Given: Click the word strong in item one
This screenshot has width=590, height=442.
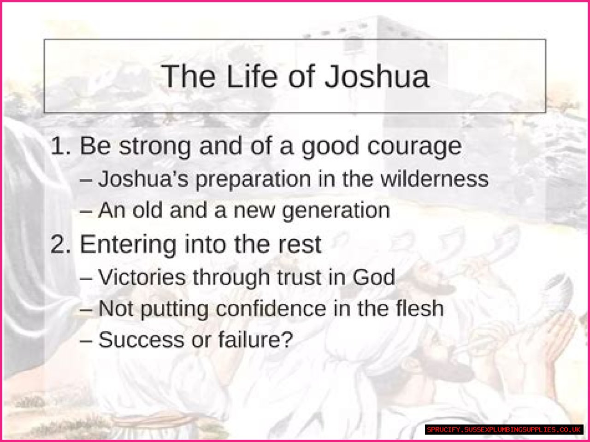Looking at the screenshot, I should (155, 147).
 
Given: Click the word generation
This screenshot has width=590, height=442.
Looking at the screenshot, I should (336, 211).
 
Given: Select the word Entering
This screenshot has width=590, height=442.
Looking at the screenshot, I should (128, 244).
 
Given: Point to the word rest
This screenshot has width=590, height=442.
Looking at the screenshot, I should (299, 244).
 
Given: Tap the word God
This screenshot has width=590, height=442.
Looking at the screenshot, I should (374, 277).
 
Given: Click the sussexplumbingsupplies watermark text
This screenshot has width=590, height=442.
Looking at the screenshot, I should (504, 430).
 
